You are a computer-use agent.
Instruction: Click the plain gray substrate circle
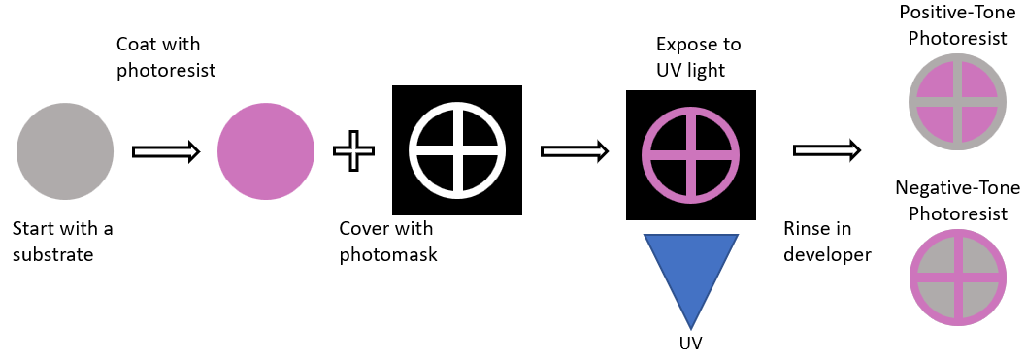pyautogui.click(x=64, y=152)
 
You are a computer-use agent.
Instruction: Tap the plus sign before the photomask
pyautogui.click(x=353, y=152)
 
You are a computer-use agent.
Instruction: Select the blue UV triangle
pyautogui.click(x=690, y=277)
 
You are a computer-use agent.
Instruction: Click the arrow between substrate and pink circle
pyautogui.click(x=165, y=152)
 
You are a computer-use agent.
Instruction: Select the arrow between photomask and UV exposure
pyautogui.click(x=574, y=151)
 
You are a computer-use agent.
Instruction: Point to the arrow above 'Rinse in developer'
pyautogui.click(x=827, y=150)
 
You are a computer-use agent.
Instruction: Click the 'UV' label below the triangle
pyautogui.click(x=690, y=343)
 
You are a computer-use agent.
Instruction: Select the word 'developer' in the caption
pyautogui.click(x=827, y=255)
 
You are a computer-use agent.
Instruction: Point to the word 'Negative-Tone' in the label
pyautogui.click(x=950, y=187)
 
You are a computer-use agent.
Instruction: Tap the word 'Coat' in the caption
pyautogui.click(x=134, y=45)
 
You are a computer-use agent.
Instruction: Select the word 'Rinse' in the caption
pyautogui.click(x=806, y=230)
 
